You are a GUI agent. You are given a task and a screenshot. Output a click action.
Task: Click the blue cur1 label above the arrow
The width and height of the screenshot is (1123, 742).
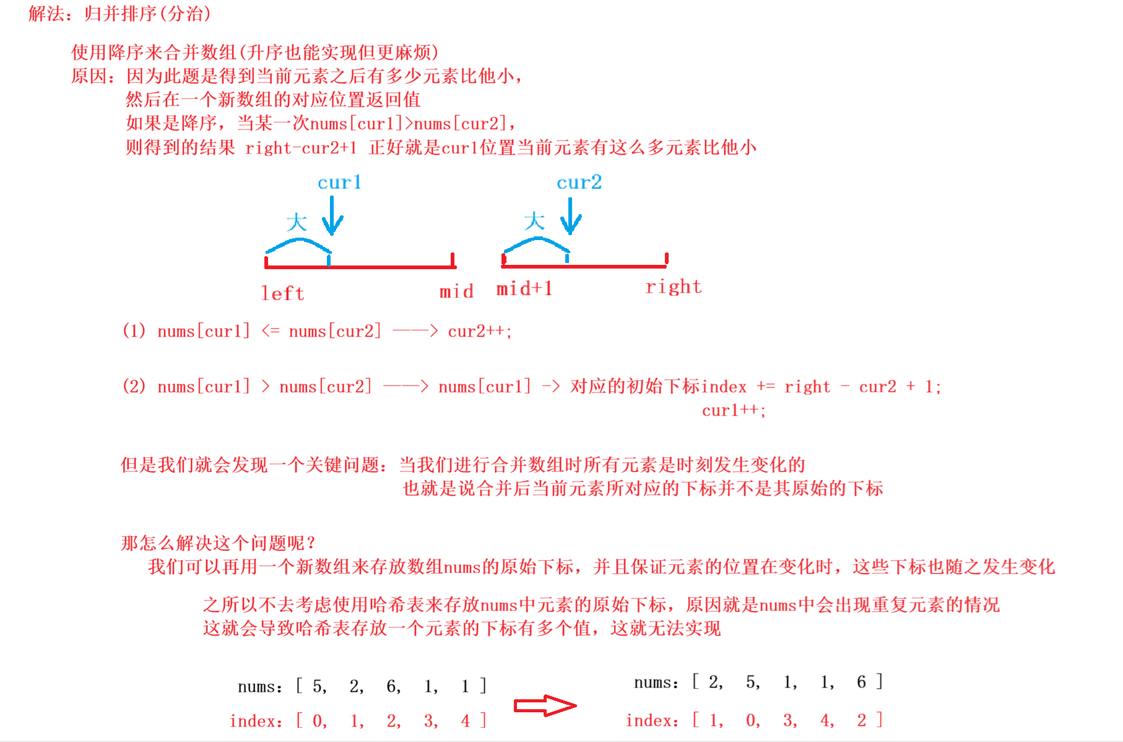click(339, 183)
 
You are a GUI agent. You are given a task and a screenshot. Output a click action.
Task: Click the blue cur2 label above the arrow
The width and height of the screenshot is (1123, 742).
click(579, 183)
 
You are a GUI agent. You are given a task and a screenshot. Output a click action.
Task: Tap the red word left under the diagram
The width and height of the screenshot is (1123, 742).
click(282, 293)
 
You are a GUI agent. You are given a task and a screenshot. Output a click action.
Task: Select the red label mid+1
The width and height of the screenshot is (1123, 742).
click(524, 288)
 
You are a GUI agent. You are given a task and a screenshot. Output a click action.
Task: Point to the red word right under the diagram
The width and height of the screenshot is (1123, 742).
click(673, 287)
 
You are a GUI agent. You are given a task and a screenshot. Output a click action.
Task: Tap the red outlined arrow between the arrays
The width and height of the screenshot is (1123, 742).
click(545, 705)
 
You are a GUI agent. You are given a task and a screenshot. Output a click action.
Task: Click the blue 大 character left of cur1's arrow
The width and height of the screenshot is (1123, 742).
click(297, 222)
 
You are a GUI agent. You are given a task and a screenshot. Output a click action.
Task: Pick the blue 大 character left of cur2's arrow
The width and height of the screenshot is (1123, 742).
click(534, 221)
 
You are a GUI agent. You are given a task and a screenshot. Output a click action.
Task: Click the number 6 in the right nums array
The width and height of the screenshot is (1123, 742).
click(861, 682)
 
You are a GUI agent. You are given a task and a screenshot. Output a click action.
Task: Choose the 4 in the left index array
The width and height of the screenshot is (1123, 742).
click(465, 720)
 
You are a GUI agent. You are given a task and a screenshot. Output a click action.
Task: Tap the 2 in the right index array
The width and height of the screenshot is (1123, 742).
click(861, 720)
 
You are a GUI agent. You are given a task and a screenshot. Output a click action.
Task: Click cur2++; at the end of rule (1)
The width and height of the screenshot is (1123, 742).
click(480, 332)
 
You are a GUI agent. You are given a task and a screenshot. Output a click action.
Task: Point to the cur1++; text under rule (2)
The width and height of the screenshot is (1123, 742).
click(734, 410)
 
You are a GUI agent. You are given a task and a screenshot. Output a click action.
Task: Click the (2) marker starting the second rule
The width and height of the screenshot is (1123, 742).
click(134, 386)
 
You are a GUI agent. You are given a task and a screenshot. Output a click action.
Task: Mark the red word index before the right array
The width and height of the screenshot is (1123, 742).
click(649, 720)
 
